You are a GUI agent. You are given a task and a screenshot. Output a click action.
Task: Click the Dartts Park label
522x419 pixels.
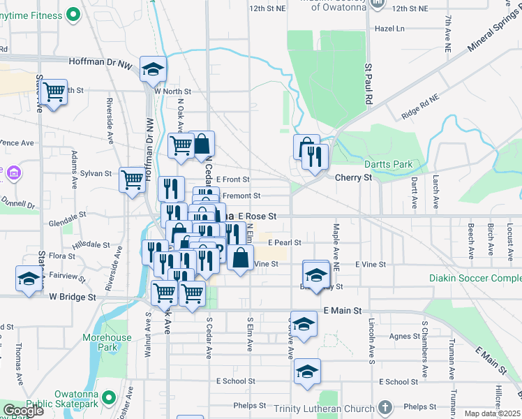coord(392,164)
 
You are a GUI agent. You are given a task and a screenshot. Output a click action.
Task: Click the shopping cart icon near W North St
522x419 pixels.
coord(53,91)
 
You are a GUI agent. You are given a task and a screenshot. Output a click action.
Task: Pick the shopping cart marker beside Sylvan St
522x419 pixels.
coord(132,179)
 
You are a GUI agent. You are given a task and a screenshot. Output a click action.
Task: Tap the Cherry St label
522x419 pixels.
coord(353,177)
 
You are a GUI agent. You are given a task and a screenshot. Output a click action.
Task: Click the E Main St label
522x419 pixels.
coord(343,310)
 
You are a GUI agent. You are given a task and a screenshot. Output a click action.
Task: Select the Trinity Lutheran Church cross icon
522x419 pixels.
coord(384,407)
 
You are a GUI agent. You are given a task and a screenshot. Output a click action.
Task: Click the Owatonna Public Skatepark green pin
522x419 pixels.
coord(108,397)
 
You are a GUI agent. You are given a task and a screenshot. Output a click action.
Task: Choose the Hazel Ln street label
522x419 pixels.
coord(389,29)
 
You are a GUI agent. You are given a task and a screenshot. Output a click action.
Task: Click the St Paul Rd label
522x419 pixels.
coord(368,84)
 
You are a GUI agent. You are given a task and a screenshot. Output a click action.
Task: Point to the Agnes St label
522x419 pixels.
coord(405,337)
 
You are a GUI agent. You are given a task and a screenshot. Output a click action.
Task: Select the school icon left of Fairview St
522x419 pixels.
coord(29,278)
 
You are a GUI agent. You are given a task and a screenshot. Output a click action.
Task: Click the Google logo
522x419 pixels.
coord(23,410)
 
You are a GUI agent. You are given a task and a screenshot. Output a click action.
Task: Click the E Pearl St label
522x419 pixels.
coord(284,242)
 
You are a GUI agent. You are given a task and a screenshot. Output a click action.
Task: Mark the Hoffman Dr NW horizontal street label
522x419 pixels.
coord(100,61)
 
